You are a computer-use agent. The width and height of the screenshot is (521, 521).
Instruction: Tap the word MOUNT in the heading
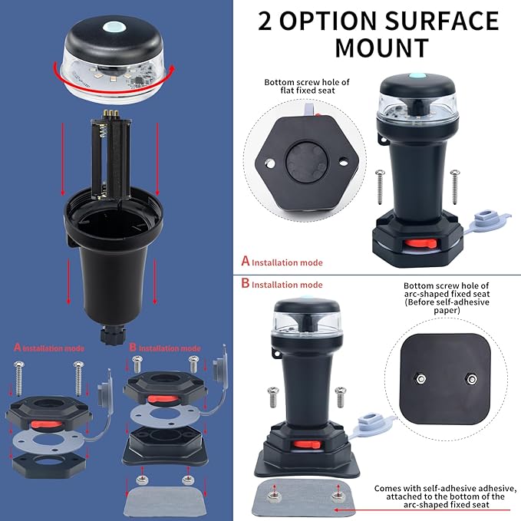(382, 48)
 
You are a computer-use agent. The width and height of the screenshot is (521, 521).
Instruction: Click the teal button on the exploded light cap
(114, 28)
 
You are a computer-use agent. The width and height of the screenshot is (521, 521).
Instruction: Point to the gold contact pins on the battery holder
(111, 114)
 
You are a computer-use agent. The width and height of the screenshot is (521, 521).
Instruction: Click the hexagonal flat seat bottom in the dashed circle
(307, 163)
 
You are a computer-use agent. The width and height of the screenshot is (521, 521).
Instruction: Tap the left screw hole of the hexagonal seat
(270, 163)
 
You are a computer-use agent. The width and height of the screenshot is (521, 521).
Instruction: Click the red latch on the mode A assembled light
(420, 243)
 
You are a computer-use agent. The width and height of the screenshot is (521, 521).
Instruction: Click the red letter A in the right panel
(246, 261)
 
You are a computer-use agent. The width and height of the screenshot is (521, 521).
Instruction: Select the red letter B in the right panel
(246, 283)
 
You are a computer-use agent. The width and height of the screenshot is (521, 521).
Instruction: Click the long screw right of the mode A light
(455, 187)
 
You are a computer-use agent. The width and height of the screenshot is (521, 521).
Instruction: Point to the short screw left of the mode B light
(273, 397)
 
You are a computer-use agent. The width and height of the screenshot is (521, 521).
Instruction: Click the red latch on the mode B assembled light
(306, 444)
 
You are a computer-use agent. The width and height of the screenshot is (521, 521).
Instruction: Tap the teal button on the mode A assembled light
(417, 76)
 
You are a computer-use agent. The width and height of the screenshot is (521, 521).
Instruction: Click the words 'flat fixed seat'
(308, 91)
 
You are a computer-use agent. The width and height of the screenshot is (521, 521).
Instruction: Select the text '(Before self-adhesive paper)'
(447, 306)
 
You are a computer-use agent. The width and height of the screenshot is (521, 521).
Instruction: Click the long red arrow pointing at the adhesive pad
(422, 509)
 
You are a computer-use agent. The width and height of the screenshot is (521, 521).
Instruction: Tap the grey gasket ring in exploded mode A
(49, 442)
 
